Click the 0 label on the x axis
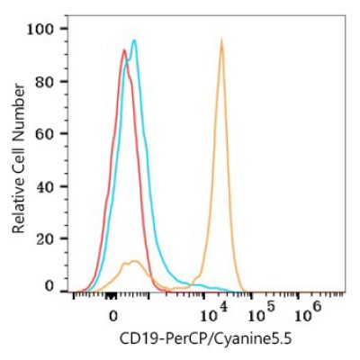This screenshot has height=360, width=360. click(x=113, y=316)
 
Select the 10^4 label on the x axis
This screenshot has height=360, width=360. click(x=213, y=313)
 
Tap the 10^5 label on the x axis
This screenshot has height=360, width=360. click(x=260, y=313)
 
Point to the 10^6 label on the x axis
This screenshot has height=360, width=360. click(x=308, y=313)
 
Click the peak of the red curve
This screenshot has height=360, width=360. click(x=124, y=49)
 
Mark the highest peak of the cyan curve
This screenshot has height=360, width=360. click(x=134, y=40)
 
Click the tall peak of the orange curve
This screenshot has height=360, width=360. click(x=221, y=39)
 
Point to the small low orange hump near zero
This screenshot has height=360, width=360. click(x=132, y=263)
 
